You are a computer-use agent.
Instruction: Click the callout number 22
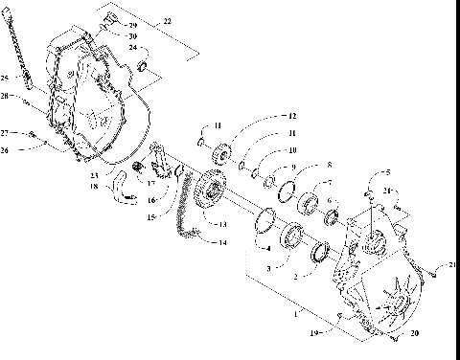click(168, 20)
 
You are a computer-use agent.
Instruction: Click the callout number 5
click(388, 173)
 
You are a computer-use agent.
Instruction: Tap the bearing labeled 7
click(308, 202)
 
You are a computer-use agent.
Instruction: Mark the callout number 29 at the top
click(133, 24)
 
